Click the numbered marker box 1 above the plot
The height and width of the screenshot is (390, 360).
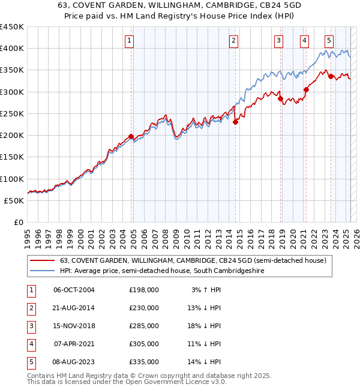[130, 41]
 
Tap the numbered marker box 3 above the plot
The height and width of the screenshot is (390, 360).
[279, 41]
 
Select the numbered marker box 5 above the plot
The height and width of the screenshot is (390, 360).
[329, 41]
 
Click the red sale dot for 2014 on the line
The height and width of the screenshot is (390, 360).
[235, 122]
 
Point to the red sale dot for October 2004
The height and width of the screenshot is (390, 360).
[131, 136]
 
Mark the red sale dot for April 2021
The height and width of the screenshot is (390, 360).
[306, 90]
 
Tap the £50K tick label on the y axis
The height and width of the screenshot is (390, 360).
[14, 200]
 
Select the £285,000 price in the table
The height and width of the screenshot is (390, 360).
[144, 326]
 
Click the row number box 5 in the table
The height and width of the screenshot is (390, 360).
[30, 362]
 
